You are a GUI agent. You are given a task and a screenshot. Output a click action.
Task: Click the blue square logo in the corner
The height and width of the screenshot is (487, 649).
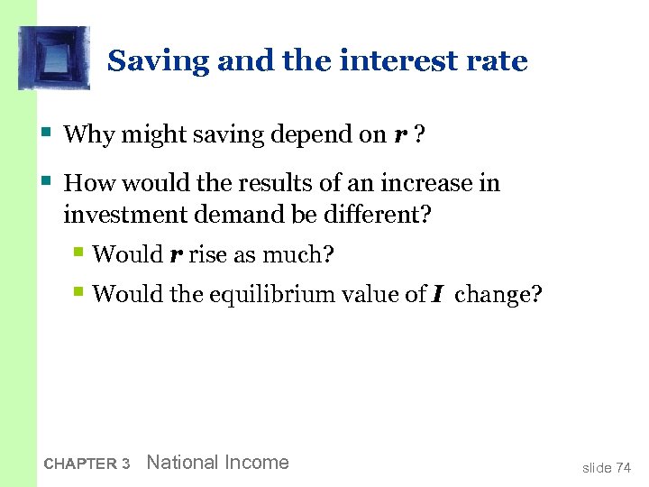pyautogui.click(x=54, y=58)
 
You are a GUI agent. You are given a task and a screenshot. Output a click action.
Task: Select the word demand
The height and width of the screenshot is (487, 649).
pyautogui.click(x=232, y=215)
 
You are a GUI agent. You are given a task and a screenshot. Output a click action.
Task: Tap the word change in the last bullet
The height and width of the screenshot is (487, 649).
pyautogui.click(x=498, y=294)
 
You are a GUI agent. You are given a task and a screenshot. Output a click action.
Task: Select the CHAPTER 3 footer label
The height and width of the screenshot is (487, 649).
pyautogui.click(x=87, y=464)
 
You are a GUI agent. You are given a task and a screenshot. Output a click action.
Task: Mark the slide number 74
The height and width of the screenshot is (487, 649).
pyautogui.click(x=623, y=467)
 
